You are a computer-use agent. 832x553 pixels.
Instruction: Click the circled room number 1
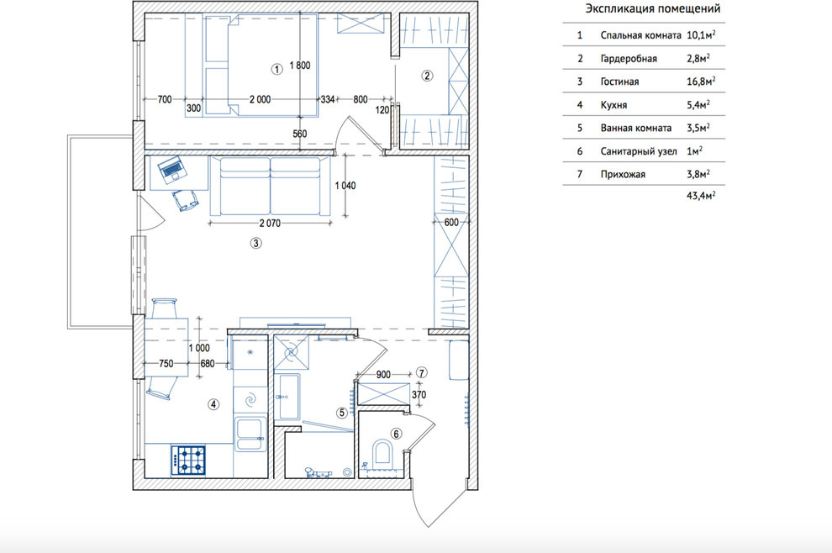(276, 69)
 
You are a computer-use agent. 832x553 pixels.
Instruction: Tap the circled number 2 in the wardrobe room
(427, 76)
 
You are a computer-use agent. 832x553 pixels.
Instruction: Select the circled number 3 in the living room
(255, 243)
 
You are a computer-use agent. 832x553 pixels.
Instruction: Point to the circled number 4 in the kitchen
(213, 404)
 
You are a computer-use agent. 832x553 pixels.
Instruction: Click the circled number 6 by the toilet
(396, 434)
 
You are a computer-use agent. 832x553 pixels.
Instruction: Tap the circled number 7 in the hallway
(421, 373)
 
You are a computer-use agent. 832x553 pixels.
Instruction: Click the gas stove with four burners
(188, 460)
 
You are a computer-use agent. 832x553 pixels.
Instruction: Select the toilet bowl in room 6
(382, 454)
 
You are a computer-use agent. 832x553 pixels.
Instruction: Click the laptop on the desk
(172, 169)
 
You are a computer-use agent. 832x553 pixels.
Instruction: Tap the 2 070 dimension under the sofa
(270, 224)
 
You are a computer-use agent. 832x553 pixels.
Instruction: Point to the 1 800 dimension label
(300, 66)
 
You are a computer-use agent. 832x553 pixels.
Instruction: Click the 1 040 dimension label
(345, 185)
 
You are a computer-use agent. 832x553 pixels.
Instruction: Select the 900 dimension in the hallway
(383, 375)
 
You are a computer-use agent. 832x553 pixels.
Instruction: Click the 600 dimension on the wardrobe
(451, 223)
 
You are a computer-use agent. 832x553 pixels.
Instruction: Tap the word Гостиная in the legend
(619, 82)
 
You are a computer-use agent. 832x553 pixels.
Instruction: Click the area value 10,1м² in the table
(701, 35)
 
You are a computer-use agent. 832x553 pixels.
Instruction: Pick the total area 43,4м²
(701, 195)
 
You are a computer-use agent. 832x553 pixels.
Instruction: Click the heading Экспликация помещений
(653, 9)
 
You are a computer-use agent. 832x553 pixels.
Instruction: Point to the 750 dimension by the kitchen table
(166, 364)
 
